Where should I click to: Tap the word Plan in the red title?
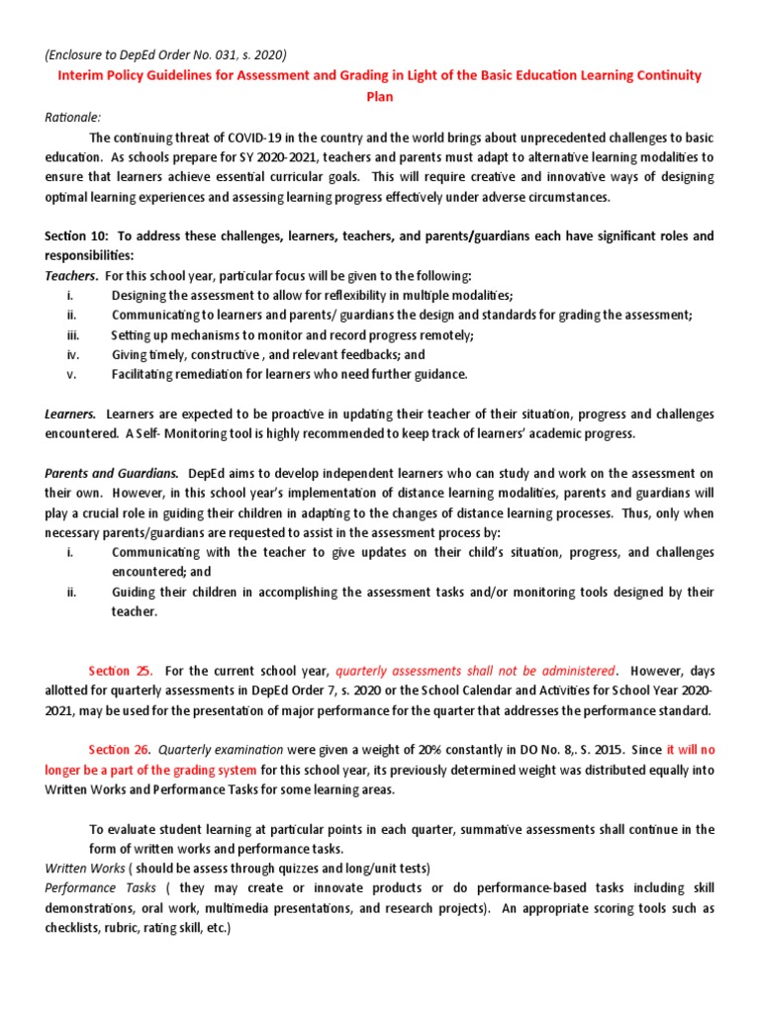click(x=380, y=97)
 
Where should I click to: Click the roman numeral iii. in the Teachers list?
click(x=72, y=334)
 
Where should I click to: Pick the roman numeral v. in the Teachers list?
click(x=70, y=374)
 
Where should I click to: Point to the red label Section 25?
click(x=121, y=671)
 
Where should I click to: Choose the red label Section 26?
click(x=121, y=750)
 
